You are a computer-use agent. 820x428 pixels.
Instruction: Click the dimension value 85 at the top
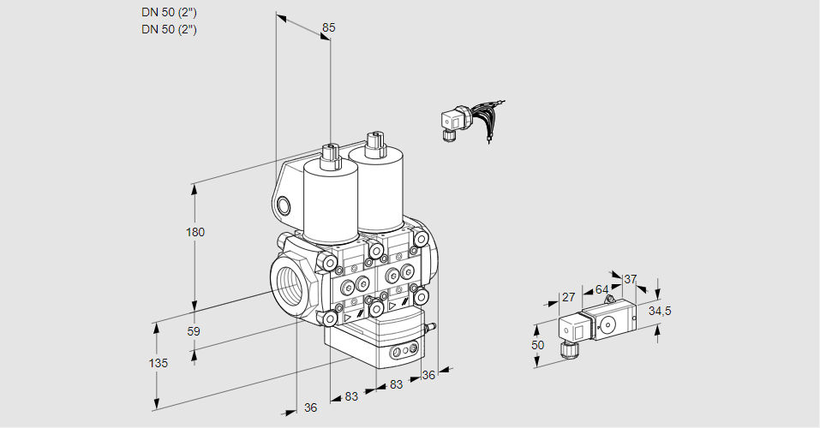[328, 27]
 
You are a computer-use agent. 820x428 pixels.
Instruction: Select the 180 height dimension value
[196, 232]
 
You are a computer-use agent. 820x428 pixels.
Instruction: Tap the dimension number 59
[194, 331]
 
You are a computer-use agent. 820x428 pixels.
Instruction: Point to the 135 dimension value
[158, 363]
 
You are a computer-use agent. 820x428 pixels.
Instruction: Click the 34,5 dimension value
[660, 311]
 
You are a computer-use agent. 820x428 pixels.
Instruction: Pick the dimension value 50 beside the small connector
[537, 345]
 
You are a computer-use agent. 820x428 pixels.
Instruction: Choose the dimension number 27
[568, 297]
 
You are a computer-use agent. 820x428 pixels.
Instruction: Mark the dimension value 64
[602, 289]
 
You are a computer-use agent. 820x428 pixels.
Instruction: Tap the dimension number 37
[631, 279]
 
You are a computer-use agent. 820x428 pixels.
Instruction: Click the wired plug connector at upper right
[454, 122]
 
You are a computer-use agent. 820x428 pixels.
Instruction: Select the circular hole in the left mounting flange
[284, 205]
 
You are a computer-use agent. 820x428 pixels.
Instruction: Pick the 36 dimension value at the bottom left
[310, 408]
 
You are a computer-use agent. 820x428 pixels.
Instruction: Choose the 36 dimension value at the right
[429, 374]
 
